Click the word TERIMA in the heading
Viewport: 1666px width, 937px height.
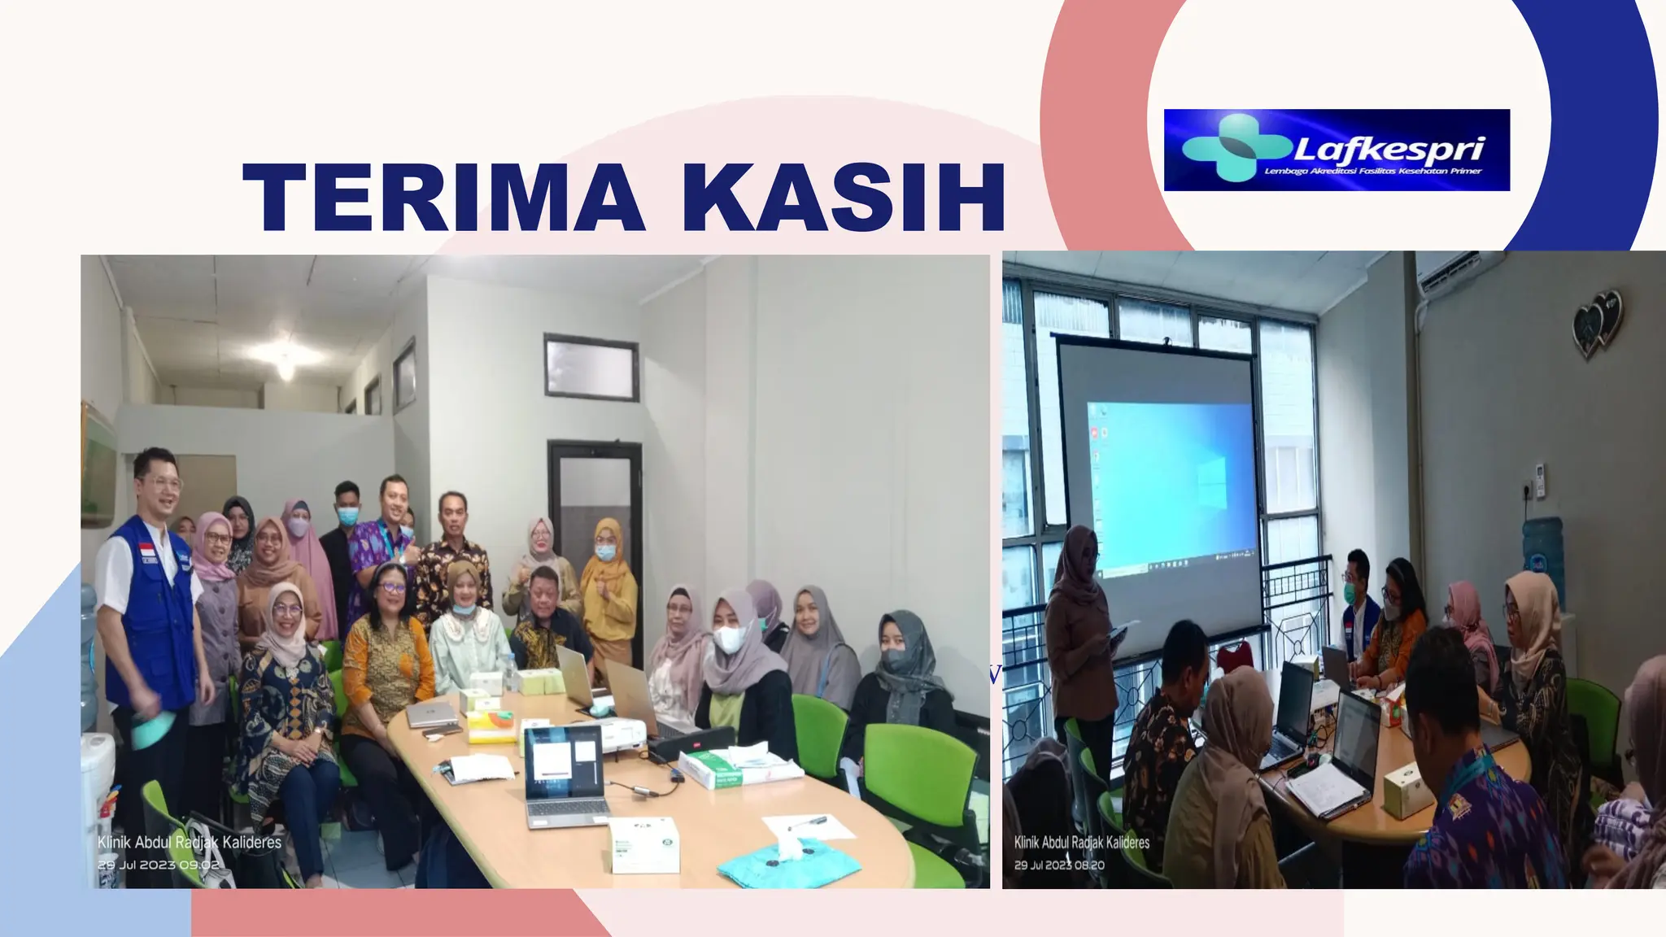443,198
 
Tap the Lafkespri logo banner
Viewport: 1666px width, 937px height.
1336,150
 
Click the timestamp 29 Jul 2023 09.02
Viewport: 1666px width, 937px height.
159,865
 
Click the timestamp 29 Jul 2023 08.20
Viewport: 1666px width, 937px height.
1059,864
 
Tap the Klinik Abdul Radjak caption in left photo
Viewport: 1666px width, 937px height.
190,841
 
